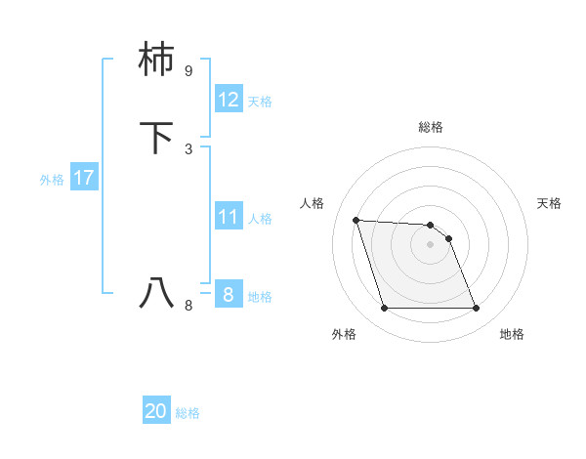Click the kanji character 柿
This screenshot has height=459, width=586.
[x=156, y=62]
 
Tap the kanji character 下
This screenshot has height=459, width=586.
[x=156, y=138]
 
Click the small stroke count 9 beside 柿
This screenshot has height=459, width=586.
[x=188, y=71]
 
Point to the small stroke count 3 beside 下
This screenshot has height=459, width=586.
[x=188, y=148]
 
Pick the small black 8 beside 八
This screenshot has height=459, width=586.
[x=188, y=305]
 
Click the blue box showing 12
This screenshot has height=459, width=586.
[x=229, y=100]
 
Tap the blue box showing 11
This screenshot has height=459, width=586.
[x=229, y=217]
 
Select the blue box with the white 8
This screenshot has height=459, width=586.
[x=229, y=294]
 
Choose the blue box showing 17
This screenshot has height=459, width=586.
[x=83, y=178]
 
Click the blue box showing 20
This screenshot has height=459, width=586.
[x=156, y=411]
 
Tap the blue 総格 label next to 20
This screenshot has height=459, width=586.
[x=188, y=413]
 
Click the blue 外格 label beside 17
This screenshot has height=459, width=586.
[x=52, y=180]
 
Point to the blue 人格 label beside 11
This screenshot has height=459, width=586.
[x=261, y=219]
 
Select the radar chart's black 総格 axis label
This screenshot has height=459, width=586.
[x=430, y=127]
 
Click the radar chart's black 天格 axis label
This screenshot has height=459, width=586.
[x=549, y=203]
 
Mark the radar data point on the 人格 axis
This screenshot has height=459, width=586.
[x=356, y=220]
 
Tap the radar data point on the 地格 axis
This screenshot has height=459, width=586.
[x=476, y=309]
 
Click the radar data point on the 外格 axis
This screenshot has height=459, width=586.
[x=384, y=309]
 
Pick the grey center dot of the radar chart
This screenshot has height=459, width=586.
[x=430, y=244]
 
